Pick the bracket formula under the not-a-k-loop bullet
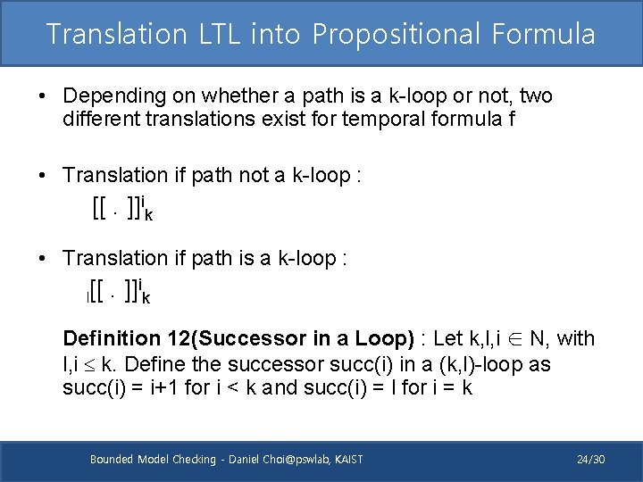pos(121,211)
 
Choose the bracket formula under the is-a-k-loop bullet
pos(119,289)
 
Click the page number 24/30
pos(590,460)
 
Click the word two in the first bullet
pos(536,96)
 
